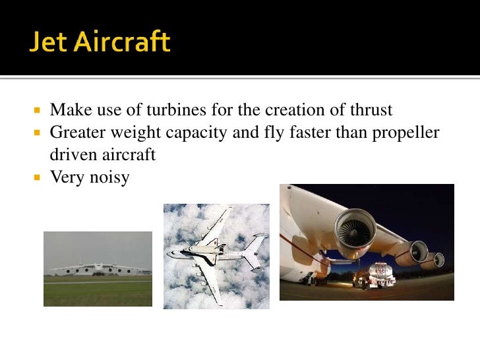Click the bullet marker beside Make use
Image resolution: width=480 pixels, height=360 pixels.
pyautogui.click(x=38, y=110)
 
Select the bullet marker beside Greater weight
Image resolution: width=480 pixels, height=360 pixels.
pyautogui.click(x=38, y=133)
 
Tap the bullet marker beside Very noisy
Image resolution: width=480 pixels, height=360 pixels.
pyautogui.click(x=38, y=177)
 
